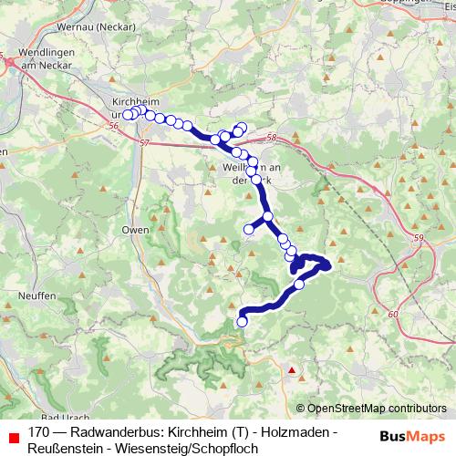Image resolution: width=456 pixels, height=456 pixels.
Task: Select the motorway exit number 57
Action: [146, 143]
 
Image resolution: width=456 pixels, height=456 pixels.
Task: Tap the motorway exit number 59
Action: [418, 238]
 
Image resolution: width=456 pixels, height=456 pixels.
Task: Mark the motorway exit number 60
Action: [393, 315]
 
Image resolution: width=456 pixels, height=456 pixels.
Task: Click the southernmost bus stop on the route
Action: [243, 321]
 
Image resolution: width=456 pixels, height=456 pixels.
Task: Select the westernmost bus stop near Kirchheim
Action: [129, 115]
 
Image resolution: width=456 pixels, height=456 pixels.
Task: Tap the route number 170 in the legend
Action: [38, 431]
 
